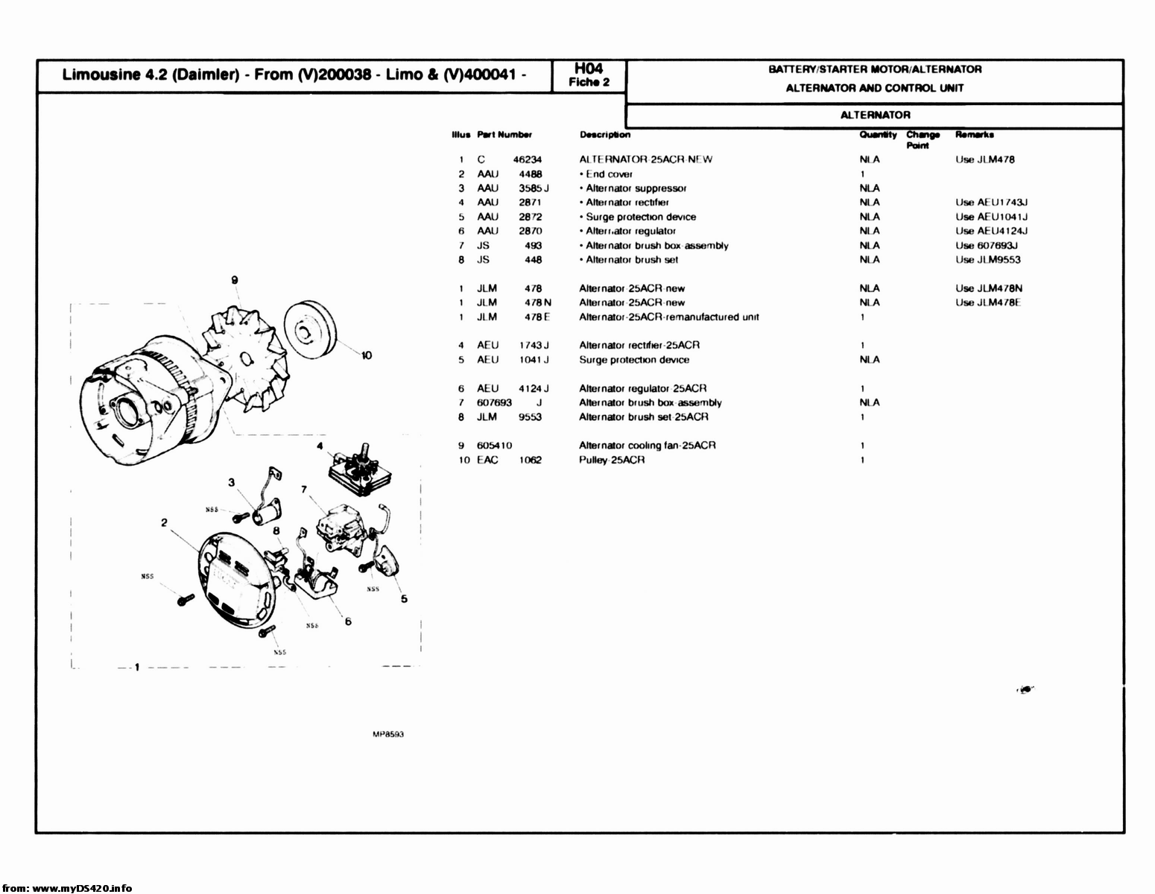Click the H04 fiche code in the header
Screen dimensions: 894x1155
click(589, 69)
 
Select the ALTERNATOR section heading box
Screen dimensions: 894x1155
click(875, 115)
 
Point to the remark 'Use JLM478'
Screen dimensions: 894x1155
click(984, 159)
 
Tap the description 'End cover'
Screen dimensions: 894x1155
click(609, 174)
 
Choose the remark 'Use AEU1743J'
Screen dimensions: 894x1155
click(992, 203)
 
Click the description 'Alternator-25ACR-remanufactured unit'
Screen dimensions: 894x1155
click(668, 317)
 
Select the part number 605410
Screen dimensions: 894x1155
click(494, 446)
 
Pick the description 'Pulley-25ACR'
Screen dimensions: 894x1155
click(611, 460)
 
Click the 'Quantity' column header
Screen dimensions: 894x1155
click(878, 135)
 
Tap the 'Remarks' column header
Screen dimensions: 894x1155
click(974, 135)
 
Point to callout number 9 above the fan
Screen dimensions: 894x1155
click(234, 279)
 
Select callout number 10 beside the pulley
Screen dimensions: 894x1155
click(366, 355)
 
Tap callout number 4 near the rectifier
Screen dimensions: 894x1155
click(320, 447)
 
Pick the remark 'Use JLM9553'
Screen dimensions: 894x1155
click(987, 260)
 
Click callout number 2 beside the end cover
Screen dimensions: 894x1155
click(163, 522)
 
